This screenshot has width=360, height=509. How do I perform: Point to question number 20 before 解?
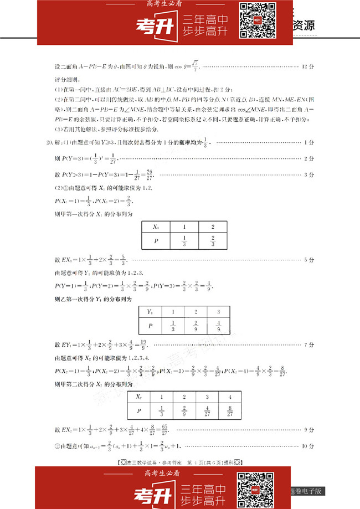[x=50, y=143]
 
